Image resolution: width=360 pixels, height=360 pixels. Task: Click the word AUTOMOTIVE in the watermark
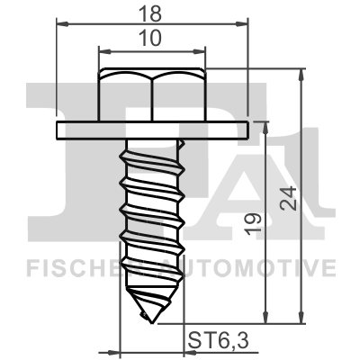click(x=260, y=266)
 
